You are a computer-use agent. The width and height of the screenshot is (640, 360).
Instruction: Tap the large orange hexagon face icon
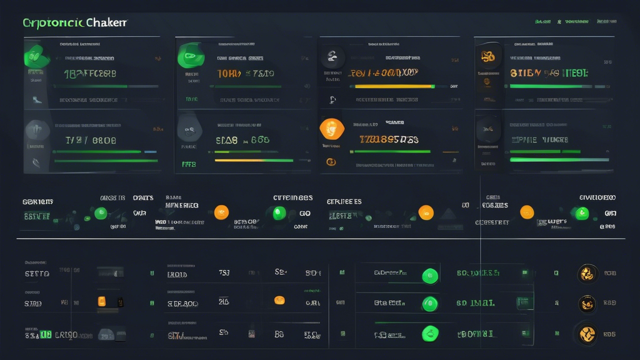331,129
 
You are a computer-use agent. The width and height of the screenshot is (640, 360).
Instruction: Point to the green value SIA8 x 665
242,140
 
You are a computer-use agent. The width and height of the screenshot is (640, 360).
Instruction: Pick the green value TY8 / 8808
91,141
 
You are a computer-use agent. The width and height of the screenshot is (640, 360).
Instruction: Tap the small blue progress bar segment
151,151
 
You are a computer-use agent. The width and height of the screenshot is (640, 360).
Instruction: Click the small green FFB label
189,165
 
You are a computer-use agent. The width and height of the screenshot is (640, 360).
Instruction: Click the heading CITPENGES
292,198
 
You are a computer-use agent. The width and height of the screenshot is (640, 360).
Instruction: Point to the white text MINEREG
182,205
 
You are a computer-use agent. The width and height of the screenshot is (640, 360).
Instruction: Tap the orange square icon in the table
101,302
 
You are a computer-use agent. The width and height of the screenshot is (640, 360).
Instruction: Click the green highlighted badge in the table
45,335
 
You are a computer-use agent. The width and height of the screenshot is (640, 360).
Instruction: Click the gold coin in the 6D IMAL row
587,304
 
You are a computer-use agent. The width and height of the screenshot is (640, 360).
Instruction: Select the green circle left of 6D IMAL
429,304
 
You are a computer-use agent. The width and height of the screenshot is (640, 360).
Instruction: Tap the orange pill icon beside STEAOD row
279,300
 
